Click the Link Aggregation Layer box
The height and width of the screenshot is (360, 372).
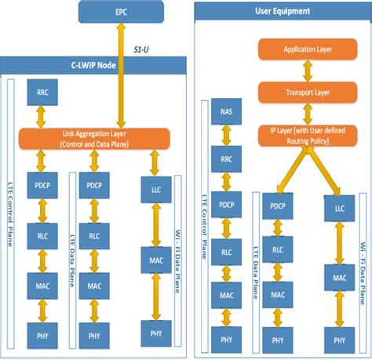95,139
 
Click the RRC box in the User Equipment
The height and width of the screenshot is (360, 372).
226,158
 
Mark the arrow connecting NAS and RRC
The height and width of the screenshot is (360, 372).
226,136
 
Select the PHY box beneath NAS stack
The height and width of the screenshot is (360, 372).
226,340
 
